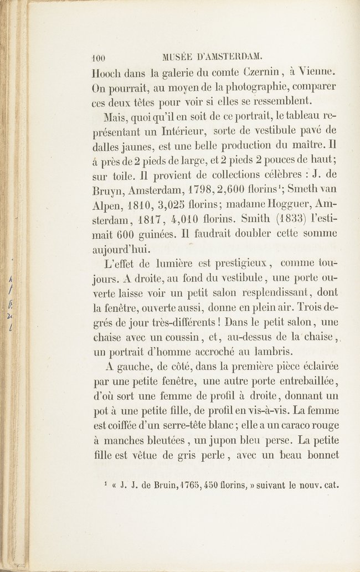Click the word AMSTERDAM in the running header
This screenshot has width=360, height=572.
click(x=230, y=56)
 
